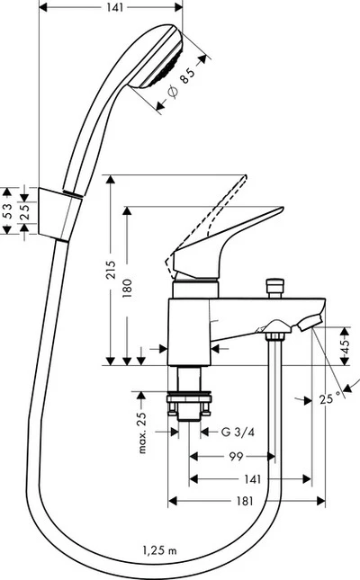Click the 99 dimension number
pyautogui.click(x=237, y=457)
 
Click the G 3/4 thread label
pyautogui.click(x=237, y=432)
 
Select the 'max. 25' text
pyautogui.click(x=142, y=431)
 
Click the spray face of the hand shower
pyautogui.click(x=174, y=59)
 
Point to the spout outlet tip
pyautogui.click(x=317, y=321)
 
